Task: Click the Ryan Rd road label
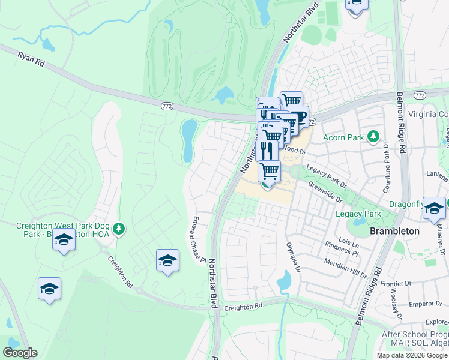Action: tap(32, 58)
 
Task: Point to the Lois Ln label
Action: tap(349, 245)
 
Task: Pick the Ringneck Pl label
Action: tap(342, 253)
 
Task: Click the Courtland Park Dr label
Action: tap(387, 173)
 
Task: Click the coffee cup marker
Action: tap(298, 116)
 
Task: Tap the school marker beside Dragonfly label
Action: tap(435, 207)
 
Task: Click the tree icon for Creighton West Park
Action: tap(119, 228)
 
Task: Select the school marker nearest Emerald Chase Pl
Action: tap(168, 260)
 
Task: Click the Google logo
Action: tap(20, 353)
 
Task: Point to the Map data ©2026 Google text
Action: tap(411, 355)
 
